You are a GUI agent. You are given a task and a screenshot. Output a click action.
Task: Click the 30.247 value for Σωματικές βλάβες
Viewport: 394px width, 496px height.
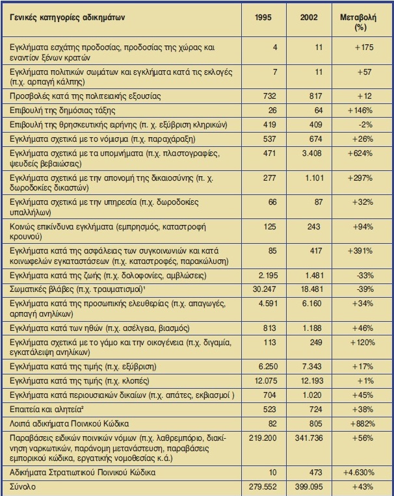265,285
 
